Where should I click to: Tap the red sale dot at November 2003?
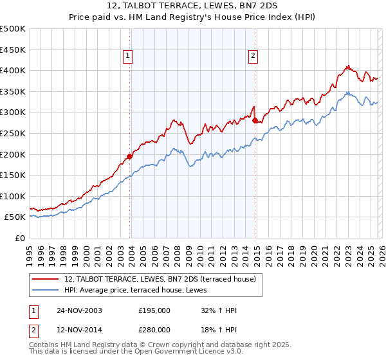(130, 156)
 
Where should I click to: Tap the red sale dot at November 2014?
(255, 120)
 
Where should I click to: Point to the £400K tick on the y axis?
(14, 71)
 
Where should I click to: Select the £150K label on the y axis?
(14, 175)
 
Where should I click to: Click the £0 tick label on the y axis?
(21, 238)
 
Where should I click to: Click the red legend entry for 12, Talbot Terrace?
(160, 279)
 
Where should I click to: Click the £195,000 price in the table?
(154, 310)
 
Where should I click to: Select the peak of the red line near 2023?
(347, 66)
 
